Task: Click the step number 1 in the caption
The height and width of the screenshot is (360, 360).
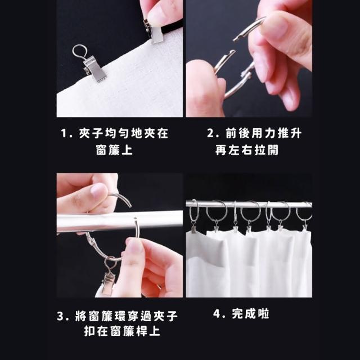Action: point(64,133)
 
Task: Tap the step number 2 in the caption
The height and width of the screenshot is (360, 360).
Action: point(210,133)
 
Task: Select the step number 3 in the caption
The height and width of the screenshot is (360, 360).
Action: point(60,316)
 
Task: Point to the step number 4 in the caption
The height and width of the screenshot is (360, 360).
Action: point(217,314)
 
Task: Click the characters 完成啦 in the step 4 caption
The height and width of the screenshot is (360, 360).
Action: point(250,314)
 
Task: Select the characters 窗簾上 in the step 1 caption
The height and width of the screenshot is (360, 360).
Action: point(114,150)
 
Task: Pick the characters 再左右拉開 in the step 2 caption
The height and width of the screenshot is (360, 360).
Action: point(247,150)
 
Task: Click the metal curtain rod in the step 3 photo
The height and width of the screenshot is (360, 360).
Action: point(119,221)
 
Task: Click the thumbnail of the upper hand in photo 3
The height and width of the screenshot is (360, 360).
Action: point(99,191)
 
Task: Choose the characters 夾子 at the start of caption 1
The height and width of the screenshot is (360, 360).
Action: point(92,133)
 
